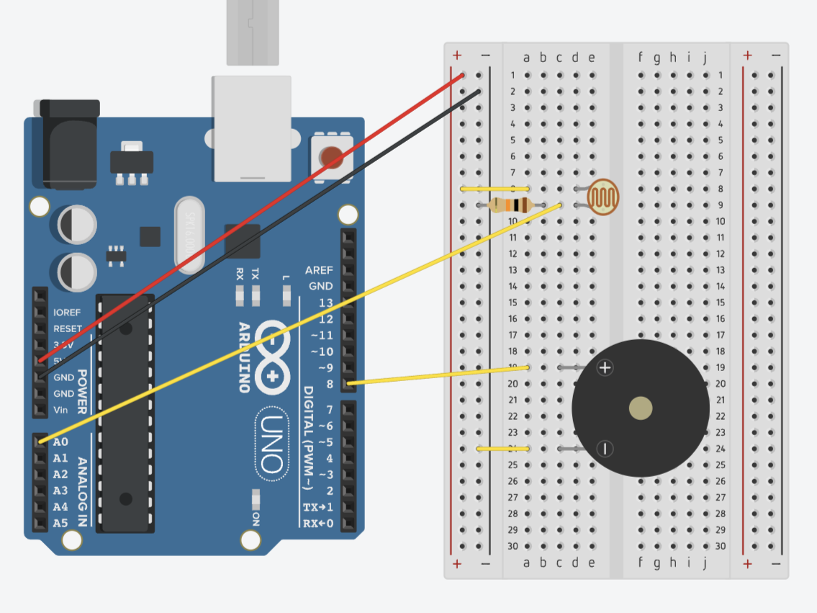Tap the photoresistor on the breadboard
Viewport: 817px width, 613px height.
click(603, 197)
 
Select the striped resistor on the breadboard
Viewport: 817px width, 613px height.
click(510, 205)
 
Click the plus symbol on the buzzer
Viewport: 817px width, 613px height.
click(605, 368)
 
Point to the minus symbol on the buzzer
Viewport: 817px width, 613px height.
click(605, 449)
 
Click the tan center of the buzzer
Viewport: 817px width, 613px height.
click(640, 408)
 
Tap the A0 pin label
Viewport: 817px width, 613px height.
click(60, 442)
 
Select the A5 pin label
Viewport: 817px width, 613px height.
click(60, 523)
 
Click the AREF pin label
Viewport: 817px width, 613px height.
click(319, 270)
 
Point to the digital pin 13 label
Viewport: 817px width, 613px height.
click(326, 303)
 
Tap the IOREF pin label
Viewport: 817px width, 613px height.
click(67, 313)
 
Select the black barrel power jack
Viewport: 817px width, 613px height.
click(68, 144)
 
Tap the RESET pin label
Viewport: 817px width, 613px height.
click(68, 328)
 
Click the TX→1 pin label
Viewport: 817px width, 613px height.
click(318, 507)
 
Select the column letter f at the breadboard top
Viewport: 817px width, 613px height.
click(641, 58)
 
